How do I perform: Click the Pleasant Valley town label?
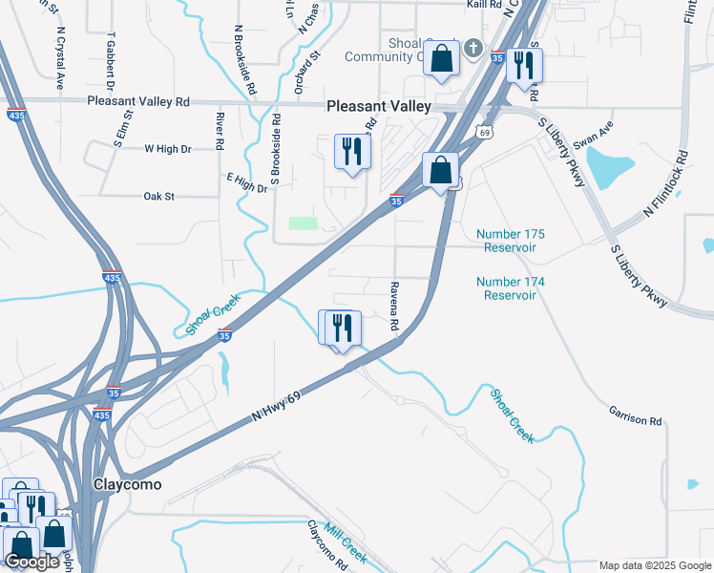point(379,108)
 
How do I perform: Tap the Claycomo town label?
point(127,484)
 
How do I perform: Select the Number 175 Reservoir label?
point(506,241)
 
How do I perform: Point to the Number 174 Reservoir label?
point(510,288)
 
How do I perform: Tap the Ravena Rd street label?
point(393,306)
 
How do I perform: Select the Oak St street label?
point(159,197)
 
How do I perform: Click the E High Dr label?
point(246,182)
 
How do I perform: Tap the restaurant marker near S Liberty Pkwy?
point(524,66)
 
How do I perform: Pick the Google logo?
point(32,562)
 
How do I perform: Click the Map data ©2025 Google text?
point(654,565)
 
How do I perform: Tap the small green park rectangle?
point(303,223)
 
